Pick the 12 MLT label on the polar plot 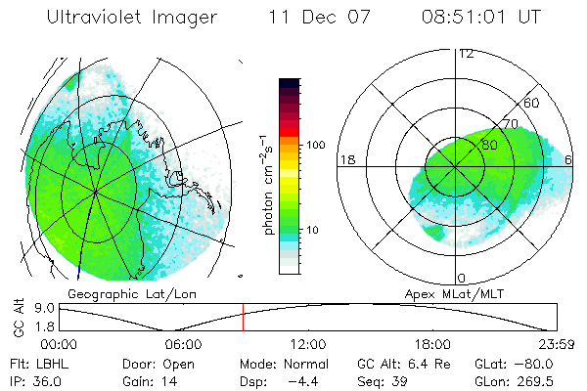pyautogui.click(x=466, y=53)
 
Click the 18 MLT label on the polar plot pyautogui.click(x=346, y=159)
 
